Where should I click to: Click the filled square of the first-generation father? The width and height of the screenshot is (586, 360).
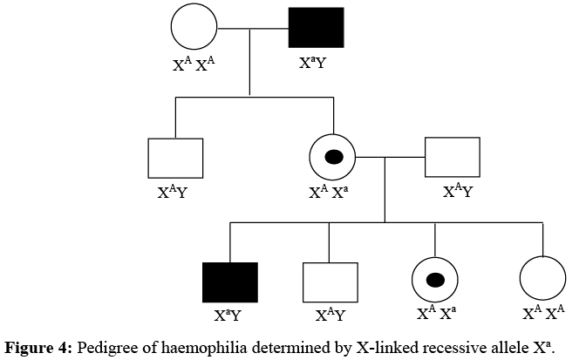pyautogui.click(x=316, y=28)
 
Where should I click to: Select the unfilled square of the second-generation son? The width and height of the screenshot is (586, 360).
pyautogui.click(x=175, y=158)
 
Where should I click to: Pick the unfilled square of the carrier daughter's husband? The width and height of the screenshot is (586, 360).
pyautogui.click(x=452, y=158)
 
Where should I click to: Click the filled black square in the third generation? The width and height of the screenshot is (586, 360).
pyautogui.click(x=229, y=282)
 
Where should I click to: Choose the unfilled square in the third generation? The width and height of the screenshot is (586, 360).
pyautogui.click(x=329, y=282)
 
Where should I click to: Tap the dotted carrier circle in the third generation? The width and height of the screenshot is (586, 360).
pyautogui.click(x=434, y=281)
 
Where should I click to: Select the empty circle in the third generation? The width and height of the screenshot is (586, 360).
pyautogui.click(x=543, y=281)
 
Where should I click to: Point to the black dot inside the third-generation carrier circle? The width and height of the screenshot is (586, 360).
pyautogui.click(x=434, y=281)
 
